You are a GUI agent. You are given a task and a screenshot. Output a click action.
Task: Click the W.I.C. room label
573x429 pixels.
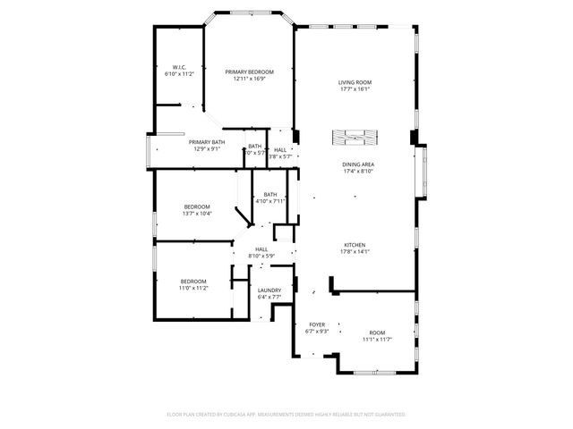pos(178,68)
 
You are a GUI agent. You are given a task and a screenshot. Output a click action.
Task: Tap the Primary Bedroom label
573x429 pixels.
pos(249,71)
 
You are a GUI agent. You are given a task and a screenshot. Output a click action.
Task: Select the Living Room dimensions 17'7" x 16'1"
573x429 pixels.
pos(355,89)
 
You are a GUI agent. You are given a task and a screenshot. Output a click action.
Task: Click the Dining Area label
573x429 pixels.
pos(357,164)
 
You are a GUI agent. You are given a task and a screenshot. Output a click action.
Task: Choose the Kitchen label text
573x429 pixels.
pos(355,245)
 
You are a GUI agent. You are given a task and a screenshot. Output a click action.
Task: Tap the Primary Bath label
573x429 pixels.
pos(206,142)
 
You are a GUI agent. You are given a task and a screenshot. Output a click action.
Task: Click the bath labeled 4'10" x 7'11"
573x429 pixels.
pos(269,198)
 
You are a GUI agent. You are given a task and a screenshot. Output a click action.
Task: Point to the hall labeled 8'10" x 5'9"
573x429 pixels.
pos(261,253)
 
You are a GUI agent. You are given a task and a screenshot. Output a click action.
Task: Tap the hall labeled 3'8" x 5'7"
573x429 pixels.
pos(280,153)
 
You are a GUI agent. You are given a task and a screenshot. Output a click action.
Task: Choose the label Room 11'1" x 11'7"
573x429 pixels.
pos(377,336)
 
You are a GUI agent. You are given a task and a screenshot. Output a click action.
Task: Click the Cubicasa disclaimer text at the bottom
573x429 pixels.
pos(286,415)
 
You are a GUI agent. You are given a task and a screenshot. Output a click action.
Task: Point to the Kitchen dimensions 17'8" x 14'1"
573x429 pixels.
pos(355,252)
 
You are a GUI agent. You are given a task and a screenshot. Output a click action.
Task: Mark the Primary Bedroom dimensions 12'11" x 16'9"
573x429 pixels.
pos(249,79)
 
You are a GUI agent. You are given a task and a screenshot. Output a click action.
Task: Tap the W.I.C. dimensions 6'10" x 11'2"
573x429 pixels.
pos(179,75)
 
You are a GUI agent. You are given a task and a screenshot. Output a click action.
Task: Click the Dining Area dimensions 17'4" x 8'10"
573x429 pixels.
pos(357,172)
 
